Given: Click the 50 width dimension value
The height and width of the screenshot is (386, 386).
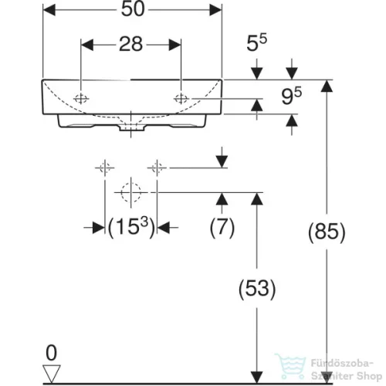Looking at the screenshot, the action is (x=133, y=9).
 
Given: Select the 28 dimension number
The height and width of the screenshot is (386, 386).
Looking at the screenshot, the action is (x=130, y=44).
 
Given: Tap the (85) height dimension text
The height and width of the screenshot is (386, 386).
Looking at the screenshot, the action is (x=327, y=232).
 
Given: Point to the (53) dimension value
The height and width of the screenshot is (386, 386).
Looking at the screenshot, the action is (x=257, y=289).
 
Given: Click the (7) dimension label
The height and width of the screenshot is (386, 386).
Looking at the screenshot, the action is (x=222, y=227).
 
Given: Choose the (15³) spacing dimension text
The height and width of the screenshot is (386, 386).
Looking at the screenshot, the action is (x=131, y=227).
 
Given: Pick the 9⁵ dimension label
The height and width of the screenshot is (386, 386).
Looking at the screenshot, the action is (x=291, y=96).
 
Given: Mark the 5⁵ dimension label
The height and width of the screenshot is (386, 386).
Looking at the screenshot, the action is (x=256, y=42).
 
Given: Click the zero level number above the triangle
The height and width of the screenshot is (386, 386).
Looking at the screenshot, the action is (x=51, y=353).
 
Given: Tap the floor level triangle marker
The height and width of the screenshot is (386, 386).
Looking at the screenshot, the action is (x=52, y=374).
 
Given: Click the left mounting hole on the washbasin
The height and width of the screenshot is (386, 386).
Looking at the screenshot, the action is (x=81, y=99).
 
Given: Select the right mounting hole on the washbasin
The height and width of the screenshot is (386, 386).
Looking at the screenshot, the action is (x=181, y=99).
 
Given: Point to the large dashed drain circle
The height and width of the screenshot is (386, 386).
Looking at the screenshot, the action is (x=131, y=192).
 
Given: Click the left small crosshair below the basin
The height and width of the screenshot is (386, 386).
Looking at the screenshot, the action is (x=105, y=168).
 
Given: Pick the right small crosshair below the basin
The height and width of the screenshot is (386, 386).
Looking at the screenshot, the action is (x=157, y=168).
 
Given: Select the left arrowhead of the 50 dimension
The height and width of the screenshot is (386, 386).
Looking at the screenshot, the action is (x=49, y=10).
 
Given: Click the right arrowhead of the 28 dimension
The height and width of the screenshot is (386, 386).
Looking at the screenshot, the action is (x=175, y=45).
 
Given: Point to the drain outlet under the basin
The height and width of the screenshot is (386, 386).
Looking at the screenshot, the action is (x=131, y=128).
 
